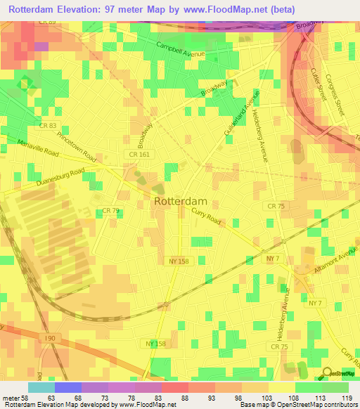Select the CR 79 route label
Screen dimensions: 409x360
(111, 210)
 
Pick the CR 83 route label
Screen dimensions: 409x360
(48, 125)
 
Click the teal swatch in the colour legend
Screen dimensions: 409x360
(41, 387)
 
